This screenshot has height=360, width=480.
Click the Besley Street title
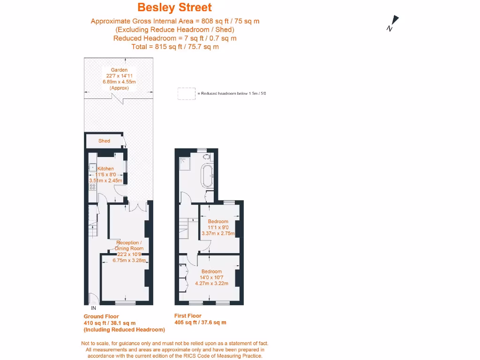tap(174, 7)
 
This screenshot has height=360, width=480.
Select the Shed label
tap(104, 141)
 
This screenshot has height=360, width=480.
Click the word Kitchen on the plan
tap(105, 169)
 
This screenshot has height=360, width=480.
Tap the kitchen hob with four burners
tap(92, 187)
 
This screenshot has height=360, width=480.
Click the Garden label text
tap(119, 70)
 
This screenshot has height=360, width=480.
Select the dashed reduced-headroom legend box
tap(187, 94)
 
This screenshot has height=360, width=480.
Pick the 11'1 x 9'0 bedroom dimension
tap(218, 227)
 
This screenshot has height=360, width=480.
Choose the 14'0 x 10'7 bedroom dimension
tap(212, 277)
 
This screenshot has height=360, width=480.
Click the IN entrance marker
tap(93, 308)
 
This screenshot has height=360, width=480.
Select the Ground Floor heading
tap(101, 316)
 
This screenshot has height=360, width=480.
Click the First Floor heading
tap(188, 316)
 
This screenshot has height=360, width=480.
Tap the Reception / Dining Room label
tap(129, 246)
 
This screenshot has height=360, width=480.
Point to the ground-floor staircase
tap(93, 227)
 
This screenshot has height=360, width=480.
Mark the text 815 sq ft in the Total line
tap(164, 46)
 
